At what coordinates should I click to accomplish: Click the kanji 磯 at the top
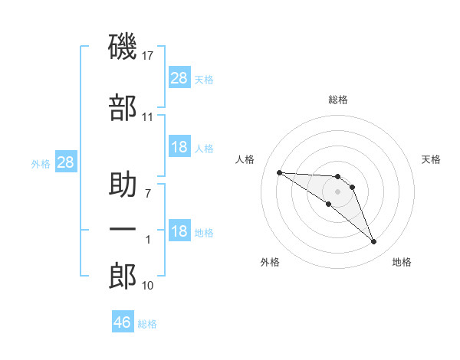(122, 47)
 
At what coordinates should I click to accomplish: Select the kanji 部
(123, 107)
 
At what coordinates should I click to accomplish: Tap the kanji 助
(123, 184)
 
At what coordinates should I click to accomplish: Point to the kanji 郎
(123, 276)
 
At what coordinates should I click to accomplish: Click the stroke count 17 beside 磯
(147, 56)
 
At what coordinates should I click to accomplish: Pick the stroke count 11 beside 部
(147, 117)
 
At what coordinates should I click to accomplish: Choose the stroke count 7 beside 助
(148, 193)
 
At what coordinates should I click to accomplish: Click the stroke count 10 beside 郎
(147, 286)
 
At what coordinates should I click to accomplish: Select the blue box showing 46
(123, 321)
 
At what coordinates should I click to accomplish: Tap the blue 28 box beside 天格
(179, 77)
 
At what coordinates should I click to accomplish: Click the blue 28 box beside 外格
(66, 162)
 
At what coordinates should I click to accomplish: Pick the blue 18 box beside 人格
(179, 146)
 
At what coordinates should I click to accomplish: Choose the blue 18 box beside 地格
(179, 230)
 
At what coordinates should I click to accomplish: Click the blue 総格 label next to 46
(147, 324)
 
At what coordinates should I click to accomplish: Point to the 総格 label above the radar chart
(338, 100)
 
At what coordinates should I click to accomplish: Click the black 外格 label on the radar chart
(270, 262)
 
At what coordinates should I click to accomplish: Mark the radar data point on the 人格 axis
(280, 172)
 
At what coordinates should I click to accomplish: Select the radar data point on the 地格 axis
(374, 242)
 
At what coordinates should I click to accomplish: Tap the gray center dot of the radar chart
(337, 191)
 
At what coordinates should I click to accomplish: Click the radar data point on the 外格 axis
(329, 204)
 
